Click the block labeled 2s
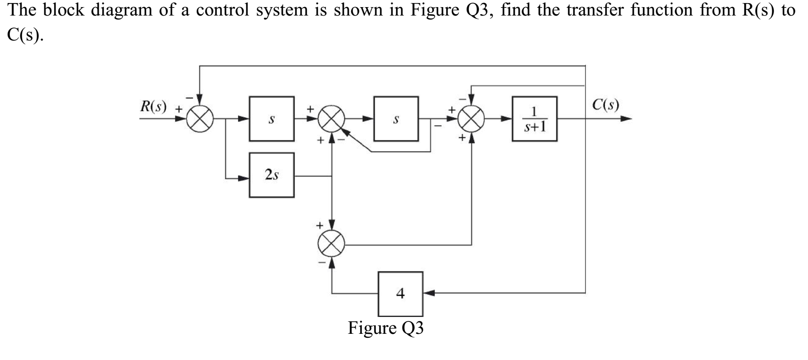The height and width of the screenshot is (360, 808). click(271, 175)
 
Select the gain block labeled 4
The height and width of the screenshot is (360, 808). click(400, 293)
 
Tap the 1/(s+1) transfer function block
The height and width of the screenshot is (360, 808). click(535, 119)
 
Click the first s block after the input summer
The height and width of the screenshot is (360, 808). click(271, 119)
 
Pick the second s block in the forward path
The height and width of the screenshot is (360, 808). click(396, 119)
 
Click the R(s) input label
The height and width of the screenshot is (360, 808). click(153, 106)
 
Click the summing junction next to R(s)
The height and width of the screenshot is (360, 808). click(200, 119)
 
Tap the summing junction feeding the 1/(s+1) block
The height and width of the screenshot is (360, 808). click(471, 119)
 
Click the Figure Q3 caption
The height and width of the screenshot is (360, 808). click(385, 328)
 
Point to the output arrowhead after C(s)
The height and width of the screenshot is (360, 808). click(626, 119)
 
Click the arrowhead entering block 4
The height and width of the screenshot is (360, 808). click(428, 293)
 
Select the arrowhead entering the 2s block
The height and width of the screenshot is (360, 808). click(244, 178)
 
